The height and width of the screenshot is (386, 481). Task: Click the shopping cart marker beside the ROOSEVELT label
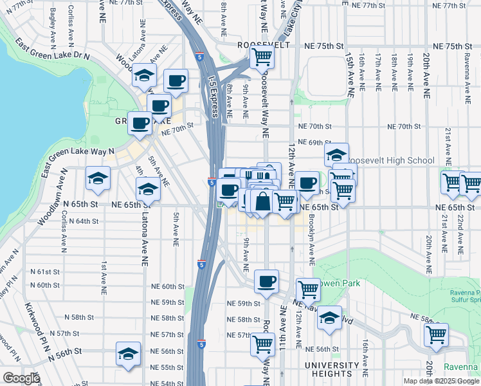click(262, 57)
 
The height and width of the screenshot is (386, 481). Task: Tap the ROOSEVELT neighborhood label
click(260, 46)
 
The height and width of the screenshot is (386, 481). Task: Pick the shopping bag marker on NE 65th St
click(262, 202)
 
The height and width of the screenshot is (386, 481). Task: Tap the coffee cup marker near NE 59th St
click(266, 281)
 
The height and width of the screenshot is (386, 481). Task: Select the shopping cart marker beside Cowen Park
click(309, 289)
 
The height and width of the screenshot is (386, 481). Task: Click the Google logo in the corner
click(21, 378)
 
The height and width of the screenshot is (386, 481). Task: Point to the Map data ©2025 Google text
click(441, 381)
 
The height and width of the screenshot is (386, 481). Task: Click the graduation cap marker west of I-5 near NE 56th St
click(128, 354)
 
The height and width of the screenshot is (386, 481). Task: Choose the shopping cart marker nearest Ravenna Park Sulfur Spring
click(437, 335)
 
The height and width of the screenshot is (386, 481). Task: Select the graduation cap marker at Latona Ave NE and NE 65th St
click(149, 189)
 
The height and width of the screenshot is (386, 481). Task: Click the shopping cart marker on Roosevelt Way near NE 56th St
click(262, 344)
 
